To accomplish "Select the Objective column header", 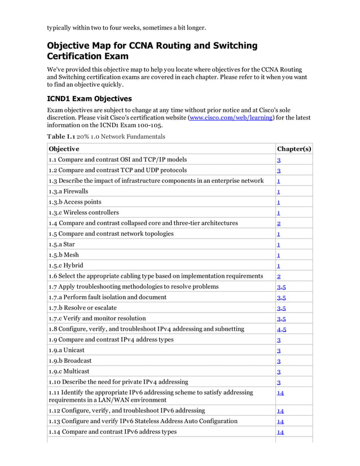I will tap(64, 149).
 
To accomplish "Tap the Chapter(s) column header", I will tap(293, 149).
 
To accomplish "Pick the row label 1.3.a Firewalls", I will tap(68, 191).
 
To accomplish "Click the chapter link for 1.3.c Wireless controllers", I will tap(279, 213).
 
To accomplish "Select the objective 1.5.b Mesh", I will tap(63, 255).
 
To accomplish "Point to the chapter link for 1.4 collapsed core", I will tap(279, 224).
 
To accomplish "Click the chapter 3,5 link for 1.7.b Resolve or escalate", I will tap(281, 309).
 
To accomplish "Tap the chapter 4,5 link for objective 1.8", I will tap(281, 329).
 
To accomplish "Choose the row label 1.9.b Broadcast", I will tap(70, 361).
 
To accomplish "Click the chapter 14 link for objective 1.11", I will tap(280, 393).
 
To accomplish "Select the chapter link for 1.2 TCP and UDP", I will tap(279, 171).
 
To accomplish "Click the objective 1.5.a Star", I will tap(62, 244).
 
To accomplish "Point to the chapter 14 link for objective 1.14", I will tap(280, 433).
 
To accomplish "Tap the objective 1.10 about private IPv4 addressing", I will tap(118, 382).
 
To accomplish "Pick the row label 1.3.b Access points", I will tap(74, 202).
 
